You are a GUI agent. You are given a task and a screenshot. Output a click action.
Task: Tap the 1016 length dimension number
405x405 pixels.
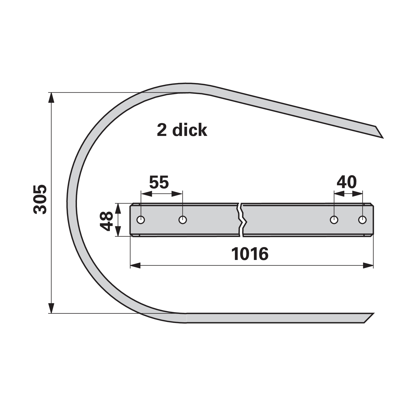point(250,254)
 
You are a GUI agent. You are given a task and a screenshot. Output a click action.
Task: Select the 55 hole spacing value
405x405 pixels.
point(159,182)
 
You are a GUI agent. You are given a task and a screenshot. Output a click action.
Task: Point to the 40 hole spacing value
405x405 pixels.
point(347,182)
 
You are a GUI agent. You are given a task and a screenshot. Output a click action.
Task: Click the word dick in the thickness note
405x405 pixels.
point(190,130)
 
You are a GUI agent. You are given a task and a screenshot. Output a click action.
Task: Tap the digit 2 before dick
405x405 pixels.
point(162,130)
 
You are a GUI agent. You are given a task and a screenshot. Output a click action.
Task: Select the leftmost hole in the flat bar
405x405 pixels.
point(141,220)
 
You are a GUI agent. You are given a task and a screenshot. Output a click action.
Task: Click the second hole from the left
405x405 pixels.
point(183,220)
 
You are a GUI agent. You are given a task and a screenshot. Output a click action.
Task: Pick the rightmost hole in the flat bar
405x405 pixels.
point(362,220)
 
